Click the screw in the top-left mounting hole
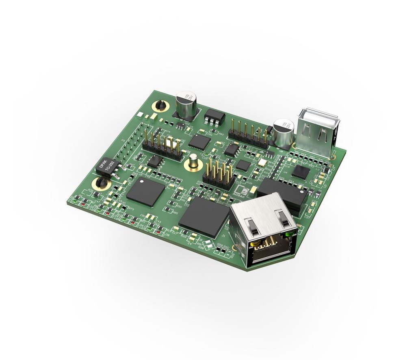(x=160, y=106)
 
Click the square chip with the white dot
(x=145, y=191)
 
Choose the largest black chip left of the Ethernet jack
(x=204, y=217)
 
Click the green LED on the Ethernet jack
(x=288, y=234)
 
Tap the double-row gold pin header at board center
(x=219, y=173)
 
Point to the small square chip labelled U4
(x=301, y=171)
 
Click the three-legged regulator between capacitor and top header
(x=214, y=116)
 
